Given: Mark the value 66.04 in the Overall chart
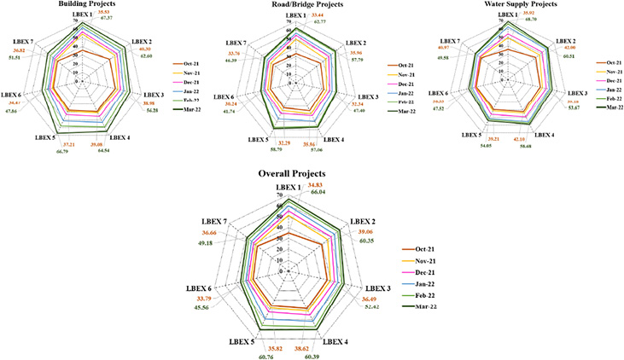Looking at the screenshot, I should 320,193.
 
